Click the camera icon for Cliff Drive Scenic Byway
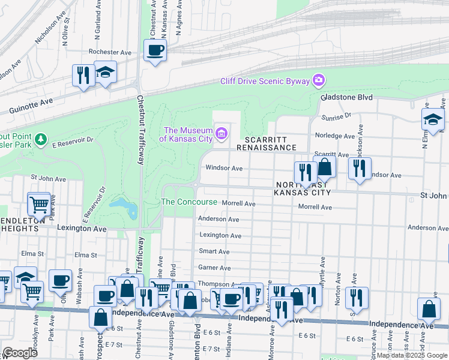pos(318,80)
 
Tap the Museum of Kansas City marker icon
pos(221,133)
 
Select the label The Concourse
pos(189,202)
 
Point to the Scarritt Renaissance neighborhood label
pos(266,143)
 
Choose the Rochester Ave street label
pos(110,52)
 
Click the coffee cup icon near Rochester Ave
pos(155,50)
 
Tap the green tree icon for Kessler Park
pos(40,140)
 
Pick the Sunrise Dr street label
pos(336,116)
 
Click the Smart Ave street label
pos(214,251)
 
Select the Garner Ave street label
pos(214,268)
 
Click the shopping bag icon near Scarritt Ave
pos(325,167)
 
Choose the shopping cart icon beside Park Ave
pos(39,205)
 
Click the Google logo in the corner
pos(20,353)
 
